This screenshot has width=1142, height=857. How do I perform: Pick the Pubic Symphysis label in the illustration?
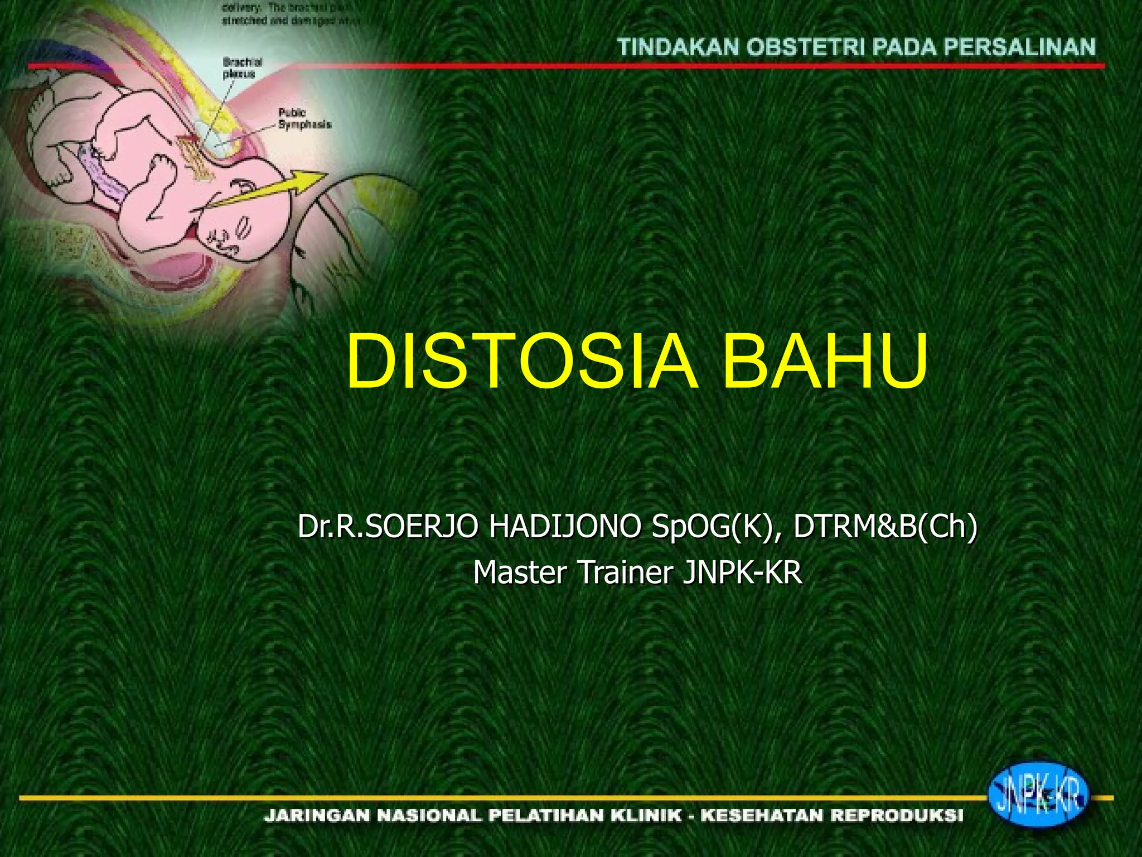[304, 119]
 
